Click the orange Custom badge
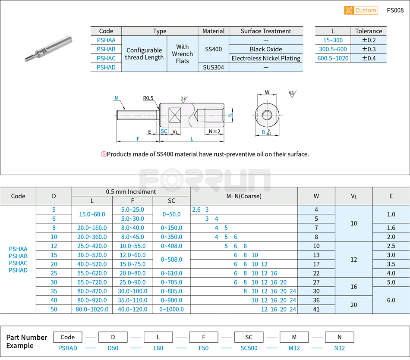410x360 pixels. pyautogui.click(x=361, y=10)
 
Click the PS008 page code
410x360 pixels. pyautogui.click(x=395, y=10)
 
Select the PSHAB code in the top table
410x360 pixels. pyautogui.click(x=106, y=49)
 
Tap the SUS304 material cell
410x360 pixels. pyautogui.click(x=213, y=67)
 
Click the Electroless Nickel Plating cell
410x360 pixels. pyautogui.click(x=266, y=58)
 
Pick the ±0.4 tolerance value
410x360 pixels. pyautogui.click(x=369, y=58)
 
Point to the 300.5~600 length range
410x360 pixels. pyautogui.click(x=333, y=49)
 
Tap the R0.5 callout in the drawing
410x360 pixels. pyautogui.click(x=148, y=98)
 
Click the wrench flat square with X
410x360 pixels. pyautogui.click(x=175, y=115)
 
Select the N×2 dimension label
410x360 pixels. pyautogui.click(x=214, y=131)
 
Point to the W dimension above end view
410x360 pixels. pyautogui.click(x=267, y=92)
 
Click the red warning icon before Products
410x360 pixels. pyautogui.click(x=104, y=154)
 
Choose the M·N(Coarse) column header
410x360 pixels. pyautogui.click(x=244, y=196)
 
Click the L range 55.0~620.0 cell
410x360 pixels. pyautogui.click(x=92, y=273)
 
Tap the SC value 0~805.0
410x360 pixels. pyautogui.click(x=171, y=291)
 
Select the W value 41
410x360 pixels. pyautogui.click(x=316, y=309)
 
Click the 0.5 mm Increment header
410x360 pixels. pyautogui.click(x=131, y=191)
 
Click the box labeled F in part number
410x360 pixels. pyautogui.click(x=203, y=337)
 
